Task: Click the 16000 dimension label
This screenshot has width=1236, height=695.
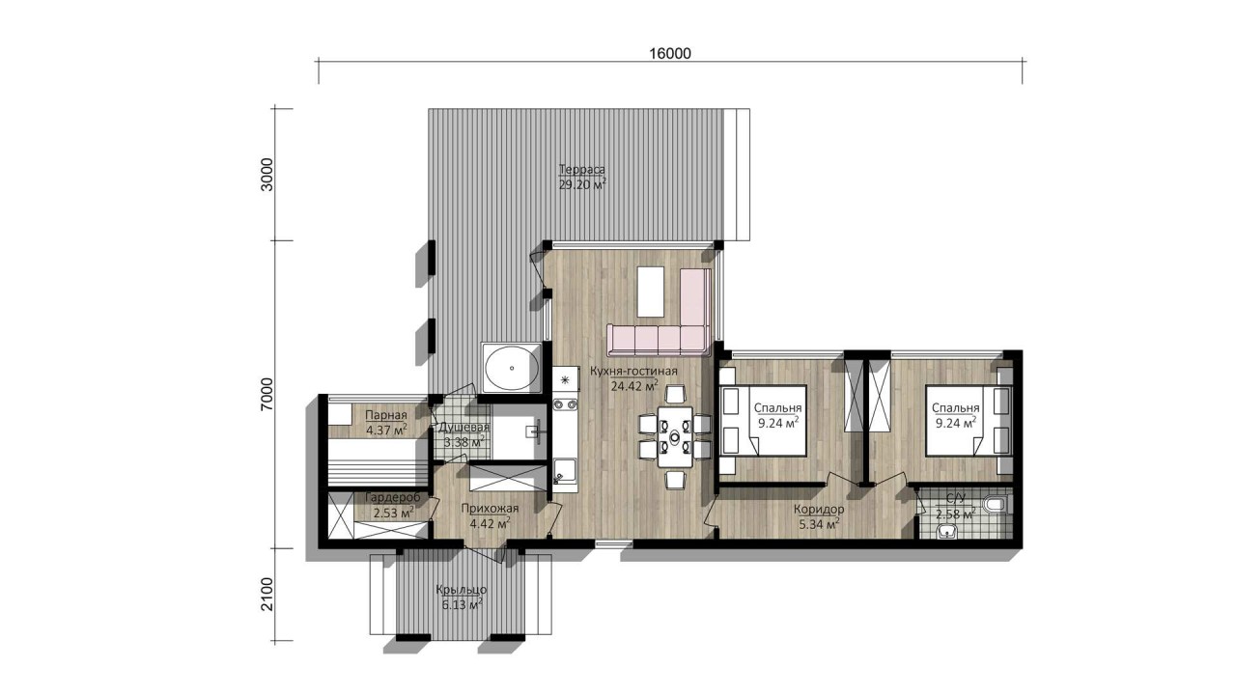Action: pyautogui.click(x=670, y=53)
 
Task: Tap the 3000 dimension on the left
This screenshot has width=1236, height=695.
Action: pyautogui.click(x=267, y=175)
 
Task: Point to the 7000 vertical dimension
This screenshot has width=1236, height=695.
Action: pyautogui.click(x=267, y=394)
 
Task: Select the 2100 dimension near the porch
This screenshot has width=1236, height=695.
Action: pyautogui.click(x=267, y=594)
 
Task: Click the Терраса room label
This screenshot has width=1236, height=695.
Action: pyautogui.click(x=582, y=169)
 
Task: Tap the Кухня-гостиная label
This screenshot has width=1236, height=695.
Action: pyautogui.click(x=634, y=372)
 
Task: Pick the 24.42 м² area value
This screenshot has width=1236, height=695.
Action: pyautogui.click(x=634, y=386)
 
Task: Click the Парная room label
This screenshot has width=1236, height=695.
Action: pyautogui.click(x=386, y=415)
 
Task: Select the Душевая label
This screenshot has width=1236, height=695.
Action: pyautogui.click(x=464, y=428)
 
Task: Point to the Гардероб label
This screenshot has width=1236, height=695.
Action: pyautogui.click(x=393, y=497)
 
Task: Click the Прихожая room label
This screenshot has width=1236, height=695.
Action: pyautogui.click(x=490, y=509)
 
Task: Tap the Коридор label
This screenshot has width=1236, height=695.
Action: pyautogui.click(x=819, y=509)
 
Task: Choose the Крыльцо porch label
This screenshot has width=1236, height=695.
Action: pyautogui.click(x=462, y=590)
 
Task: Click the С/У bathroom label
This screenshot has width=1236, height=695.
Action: pyautogui.click(x=956, y=499)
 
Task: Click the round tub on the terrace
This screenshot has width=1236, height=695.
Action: pyautogui.click(x=512, y=368)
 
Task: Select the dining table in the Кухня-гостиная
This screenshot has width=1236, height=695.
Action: pyautogui.click(x=675, y=436)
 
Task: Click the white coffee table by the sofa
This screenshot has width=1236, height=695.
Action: pyautogui.click(x=651, y=292)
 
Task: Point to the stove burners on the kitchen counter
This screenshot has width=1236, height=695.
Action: pyautogui.click(x=565, y=404)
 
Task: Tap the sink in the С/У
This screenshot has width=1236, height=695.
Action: pyautogui.click(x=948, y=532)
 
